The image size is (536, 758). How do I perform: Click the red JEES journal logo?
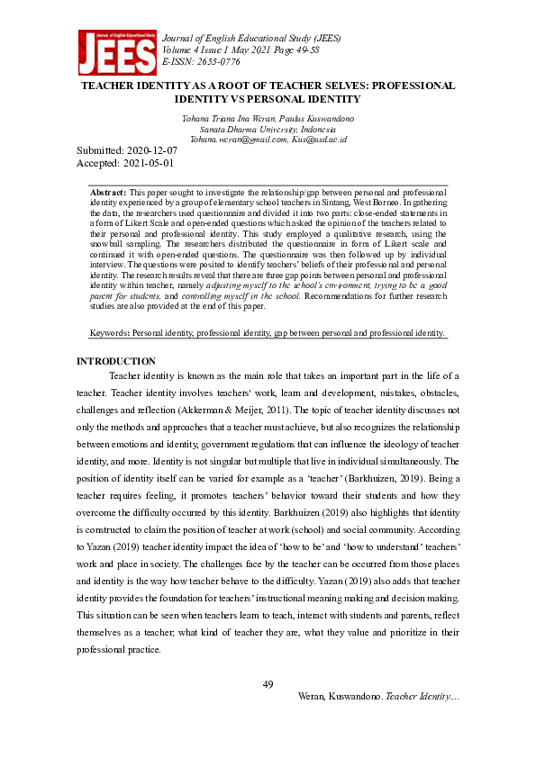pos(116,52)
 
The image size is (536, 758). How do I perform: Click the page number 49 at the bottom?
pos(268,685)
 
